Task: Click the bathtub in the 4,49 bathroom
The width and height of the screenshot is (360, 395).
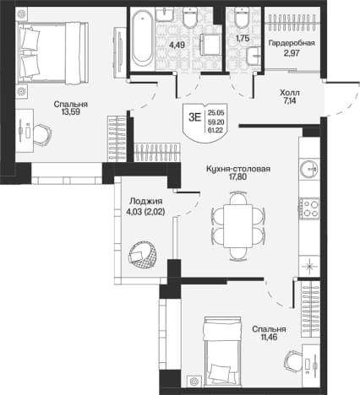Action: point(143,38)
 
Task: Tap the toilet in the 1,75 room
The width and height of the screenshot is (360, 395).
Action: point(242,17)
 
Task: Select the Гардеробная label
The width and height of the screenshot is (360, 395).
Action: point(292,43)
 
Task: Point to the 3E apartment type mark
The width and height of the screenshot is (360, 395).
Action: point(195,117)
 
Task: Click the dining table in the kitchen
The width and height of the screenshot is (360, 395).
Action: point(238,226)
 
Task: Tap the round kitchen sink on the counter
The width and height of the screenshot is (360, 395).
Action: point(309,169)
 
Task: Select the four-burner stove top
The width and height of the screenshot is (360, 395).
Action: point(309,208)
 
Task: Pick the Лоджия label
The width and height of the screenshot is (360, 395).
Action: point(146,202)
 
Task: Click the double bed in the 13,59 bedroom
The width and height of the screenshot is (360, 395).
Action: point(53,53)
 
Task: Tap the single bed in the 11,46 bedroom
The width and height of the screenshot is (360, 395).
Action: point(223,351)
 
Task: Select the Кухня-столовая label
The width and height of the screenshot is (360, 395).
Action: point(238,169)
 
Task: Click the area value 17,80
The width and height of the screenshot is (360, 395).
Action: point(238,177)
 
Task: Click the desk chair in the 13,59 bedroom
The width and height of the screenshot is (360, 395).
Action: point(42,135)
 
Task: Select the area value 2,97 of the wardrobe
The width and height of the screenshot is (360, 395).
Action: point(292,52)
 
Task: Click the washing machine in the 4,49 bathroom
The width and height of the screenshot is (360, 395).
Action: point(210,45)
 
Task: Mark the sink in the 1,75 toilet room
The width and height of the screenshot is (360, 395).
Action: point(254,56)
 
